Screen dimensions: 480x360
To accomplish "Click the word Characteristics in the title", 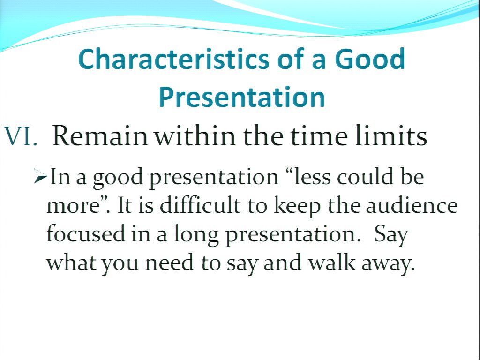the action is click(173, 59).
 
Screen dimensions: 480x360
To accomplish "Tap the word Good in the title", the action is click(370, 59).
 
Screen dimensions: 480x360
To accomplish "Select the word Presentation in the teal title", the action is click(242, 97).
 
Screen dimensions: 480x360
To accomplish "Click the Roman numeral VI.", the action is click(21, 136).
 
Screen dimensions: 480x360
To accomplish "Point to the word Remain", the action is click(100, 136).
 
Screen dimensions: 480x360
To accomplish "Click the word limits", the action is click(391, 135).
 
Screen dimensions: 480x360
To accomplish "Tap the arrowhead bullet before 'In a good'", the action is click(40, 176).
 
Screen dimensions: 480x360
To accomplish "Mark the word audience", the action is click(412, 205).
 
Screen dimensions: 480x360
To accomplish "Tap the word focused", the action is click(86, 233).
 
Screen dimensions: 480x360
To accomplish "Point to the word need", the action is click(169, 262).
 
